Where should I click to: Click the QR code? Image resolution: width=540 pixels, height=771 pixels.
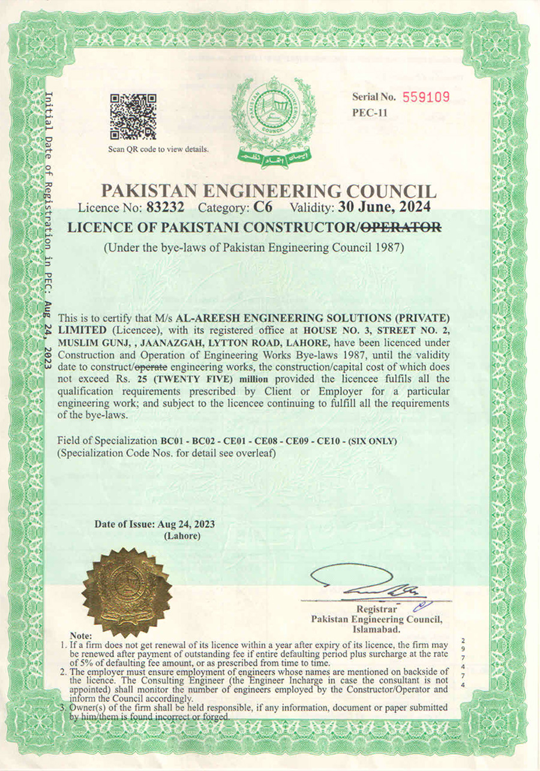(x=133, y=116)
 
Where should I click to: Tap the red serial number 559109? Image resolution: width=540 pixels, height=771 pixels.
(x=425, y=97)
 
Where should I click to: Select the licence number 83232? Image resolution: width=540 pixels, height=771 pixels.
(x=166, y=208)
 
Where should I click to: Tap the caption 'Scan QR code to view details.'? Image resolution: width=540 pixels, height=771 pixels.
(x=158, y=149)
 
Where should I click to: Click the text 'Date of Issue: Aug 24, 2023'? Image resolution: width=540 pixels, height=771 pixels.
(x=155, y=524)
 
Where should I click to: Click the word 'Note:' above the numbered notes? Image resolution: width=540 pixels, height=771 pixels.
(x=81, y=635)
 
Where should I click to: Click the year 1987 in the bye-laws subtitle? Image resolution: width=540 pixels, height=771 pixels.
(x=388, y=247)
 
